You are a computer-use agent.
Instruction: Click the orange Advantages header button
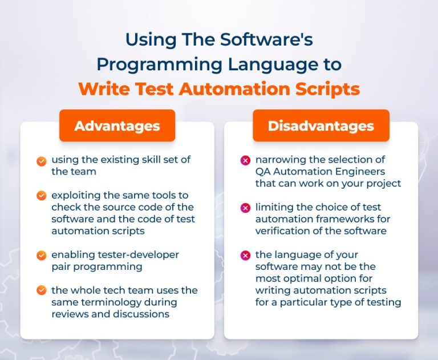coord(117,126)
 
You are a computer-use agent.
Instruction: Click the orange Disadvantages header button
coord(321,126)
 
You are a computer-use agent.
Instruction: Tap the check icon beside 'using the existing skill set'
coord(41,161)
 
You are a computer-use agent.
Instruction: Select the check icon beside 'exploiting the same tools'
coord(41,196)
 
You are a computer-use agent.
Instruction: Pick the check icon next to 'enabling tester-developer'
coord(41,255)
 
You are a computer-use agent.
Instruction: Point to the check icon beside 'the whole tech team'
coord(41,290)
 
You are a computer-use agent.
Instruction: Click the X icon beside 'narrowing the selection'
coord(245,161)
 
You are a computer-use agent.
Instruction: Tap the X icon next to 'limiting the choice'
coord(245,208)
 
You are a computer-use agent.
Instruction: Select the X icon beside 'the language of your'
coord(245,255)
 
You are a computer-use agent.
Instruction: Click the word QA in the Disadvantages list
coord(263,171)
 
